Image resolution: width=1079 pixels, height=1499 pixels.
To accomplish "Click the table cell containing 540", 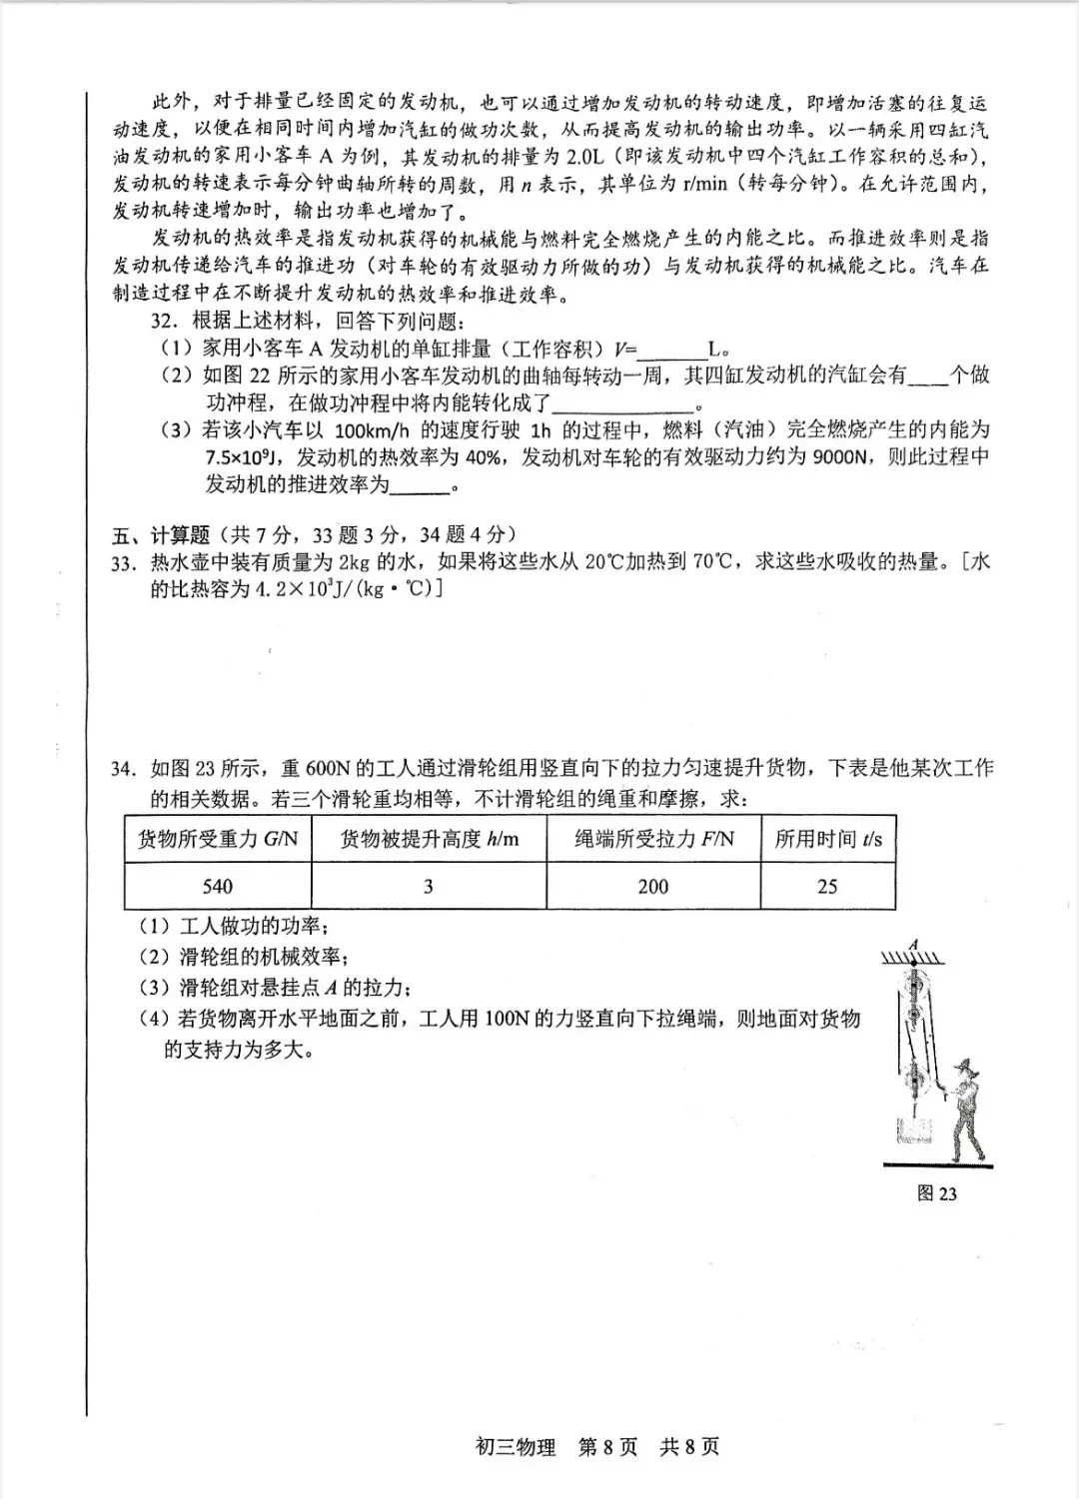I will (x=217, y=886).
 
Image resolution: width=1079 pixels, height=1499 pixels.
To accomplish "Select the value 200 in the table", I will (x=652, y=886).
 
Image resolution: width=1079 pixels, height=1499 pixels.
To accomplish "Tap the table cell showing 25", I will (x=827, y=886).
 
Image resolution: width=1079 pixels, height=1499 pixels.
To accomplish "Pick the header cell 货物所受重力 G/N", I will (x=217, y=839).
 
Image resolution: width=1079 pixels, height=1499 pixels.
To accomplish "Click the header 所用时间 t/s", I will (x=827, y=839).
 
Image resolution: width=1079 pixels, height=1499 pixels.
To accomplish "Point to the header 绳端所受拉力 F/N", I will (x=652, y=839).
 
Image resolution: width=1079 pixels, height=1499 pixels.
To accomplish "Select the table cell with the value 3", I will (x=429, y=886).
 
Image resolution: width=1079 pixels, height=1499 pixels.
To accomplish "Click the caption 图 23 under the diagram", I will (x=936, y=1193).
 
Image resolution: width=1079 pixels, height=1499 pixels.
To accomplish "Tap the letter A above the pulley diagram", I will (x=913, y=943).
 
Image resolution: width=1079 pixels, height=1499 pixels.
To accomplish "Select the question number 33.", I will (x=123, y=563).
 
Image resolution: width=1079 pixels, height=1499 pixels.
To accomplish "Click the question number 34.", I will (x=123, y=769).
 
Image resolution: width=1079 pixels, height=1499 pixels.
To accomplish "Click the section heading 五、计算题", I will (x=152, y=535).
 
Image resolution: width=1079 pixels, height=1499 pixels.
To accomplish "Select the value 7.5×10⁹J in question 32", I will (x=245, y=457).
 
